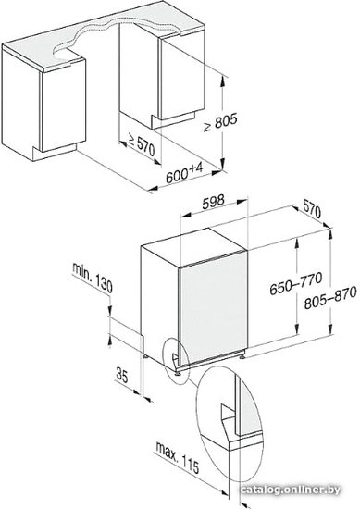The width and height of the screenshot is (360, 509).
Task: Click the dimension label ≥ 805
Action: (x=221, y=122)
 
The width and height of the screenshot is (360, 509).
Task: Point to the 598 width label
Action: (x=213, y=202)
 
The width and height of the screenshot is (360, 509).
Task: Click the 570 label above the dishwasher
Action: (x=312, y=208)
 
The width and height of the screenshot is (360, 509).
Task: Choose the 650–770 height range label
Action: (x=296, y=283)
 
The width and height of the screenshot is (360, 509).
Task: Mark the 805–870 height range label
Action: (x=330, y=297)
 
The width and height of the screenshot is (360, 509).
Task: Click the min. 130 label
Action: (x=93, y=278)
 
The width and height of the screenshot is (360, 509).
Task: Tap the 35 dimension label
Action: (x=122, y=375)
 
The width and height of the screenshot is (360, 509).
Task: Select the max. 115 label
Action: (x=178, y=457)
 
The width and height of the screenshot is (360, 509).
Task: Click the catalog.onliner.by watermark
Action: (x=291, y=490)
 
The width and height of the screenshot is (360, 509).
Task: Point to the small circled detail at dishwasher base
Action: (x=176, y=359)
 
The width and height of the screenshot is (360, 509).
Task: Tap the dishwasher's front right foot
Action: (x=242, y=355)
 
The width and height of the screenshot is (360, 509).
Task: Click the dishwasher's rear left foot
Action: (x=144, y=354)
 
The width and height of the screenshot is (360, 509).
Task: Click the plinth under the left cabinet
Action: (x=55, y=153)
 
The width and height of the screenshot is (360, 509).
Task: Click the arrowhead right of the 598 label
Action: (x=242, y=202)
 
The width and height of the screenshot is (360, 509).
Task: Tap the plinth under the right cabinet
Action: (x=173, y=120)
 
